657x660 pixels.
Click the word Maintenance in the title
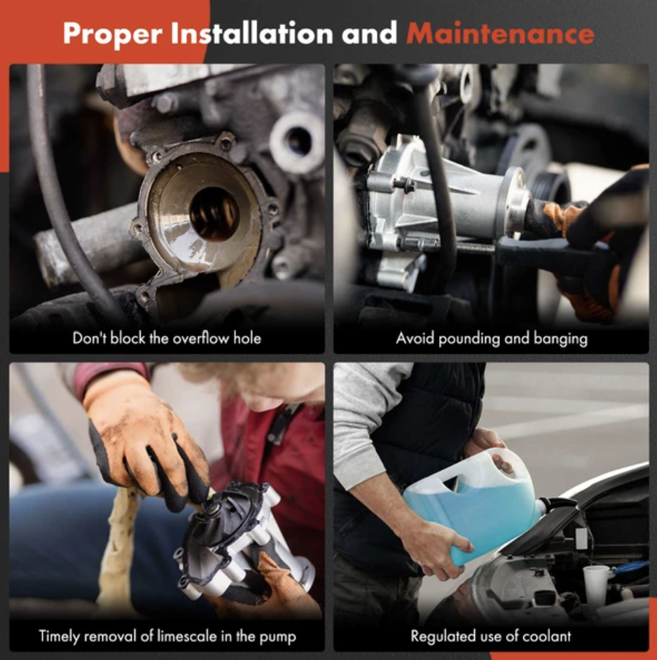[x=500, y=33]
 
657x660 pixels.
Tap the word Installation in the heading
[x=252, y=33]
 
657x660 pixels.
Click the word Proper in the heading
[x=112, y=34]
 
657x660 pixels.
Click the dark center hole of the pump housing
[x=214, y=214]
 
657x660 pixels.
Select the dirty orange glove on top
[x=139, y=438]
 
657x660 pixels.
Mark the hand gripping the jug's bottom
[x=438, y=547]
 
